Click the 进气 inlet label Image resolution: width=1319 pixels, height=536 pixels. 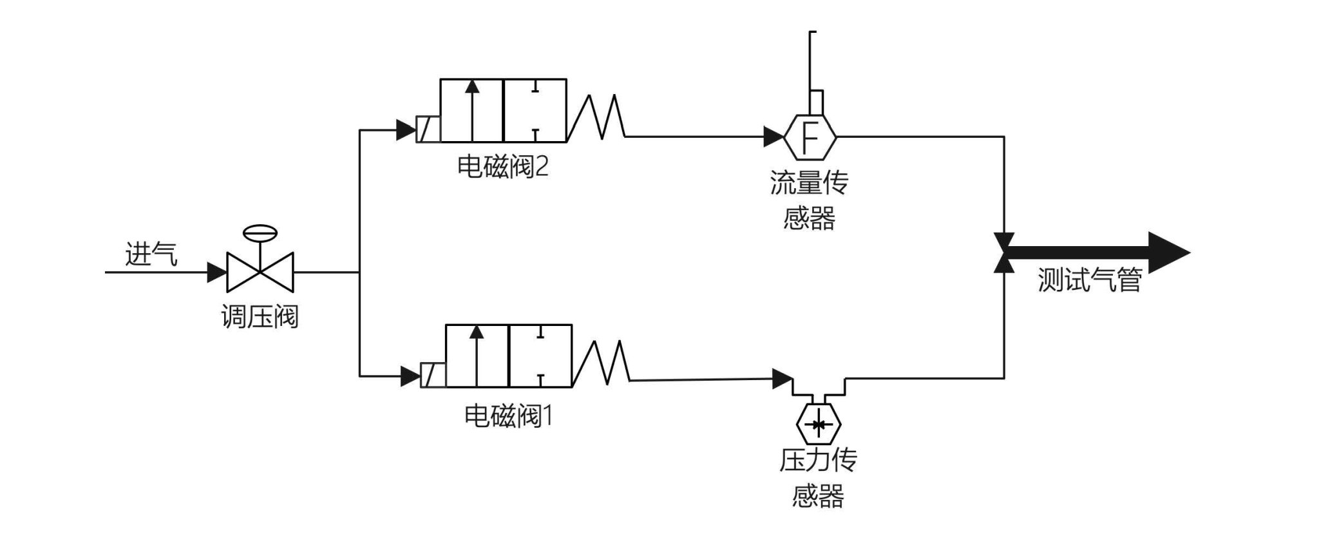(x=151, y=254)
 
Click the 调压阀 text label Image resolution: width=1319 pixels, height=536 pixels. (x=260, y=316)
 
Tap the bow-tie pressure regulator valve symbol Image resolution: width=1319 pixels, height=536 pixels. (x=260, y=272)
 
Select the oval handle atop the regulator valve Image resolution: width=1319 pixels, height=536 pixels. (x=260, y=233)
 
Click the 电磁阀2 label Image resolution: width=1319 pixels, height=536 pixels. (x=502, y=167)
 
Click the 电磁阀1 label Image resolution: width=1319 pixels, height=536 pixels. (x=508, y=416)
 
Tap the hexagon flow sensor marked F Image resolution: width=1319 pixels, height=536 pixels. (x=810, y=137)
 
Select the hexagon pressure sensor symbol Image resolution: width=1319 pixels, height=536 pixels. (x=819, y=425)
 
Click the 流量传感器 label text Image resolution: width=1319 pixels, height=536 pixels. (x=810, y=200)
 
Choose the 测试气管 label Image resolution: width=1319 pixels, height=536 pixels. (x=1089, y=280)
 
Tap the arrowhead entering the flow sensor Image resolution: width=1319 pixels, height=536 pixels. (x=773, y=137)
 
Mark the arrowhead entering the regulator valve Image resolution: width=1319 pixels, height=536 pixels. (x=216, y=272)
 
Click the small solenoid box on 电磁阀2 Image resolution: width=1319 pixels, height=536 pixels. (x=428, y=129)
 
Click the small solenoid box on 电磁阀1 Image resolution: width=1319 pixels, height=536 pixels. (x=433, y=375)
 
